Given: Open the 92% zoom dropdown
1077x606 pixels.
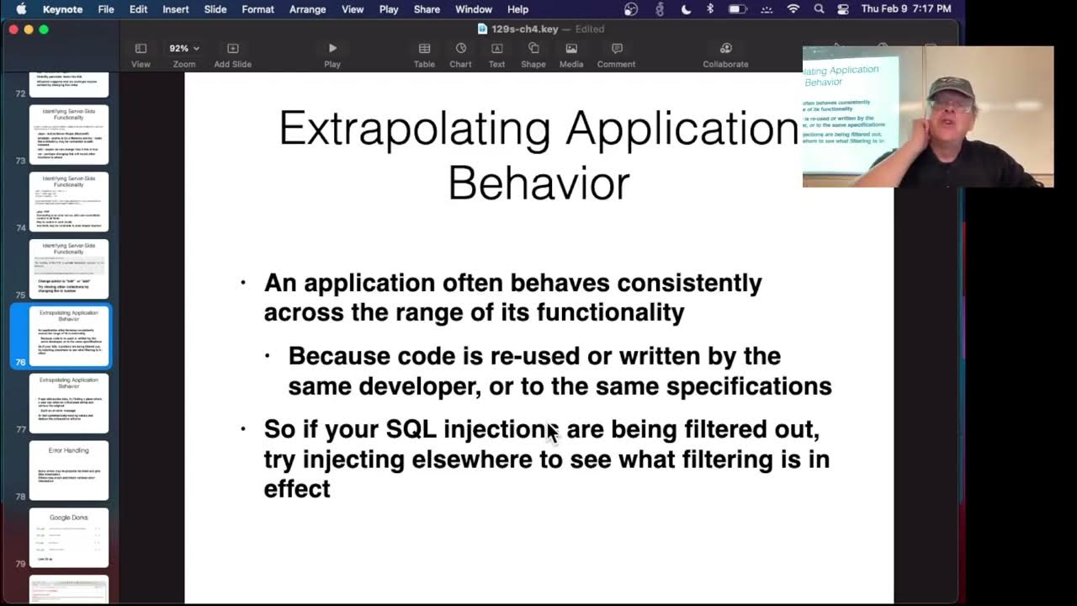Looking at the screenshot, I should coord(184,49).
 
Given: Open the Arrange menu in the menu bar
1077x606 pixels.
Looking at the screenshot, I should coord(307,9).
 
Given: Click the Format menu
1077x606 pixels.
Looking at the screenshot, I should coord(257,9).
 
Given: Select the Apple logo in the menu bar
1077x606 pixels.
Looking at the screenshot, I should coord(21,9).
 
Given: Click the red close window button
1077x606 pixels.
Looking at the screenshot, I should coord(13,29).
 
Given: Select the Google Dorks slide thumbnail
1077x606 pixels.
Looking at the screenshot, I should coord(69,537).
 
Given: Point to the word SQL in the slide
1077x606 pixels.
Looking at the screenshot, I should coord(411,429).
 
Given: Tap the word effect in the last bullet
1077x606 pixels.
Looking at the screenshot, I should coord(297,489).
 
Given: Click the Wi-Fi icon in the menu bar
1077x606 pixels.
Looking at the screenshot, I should coord(793,9).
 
